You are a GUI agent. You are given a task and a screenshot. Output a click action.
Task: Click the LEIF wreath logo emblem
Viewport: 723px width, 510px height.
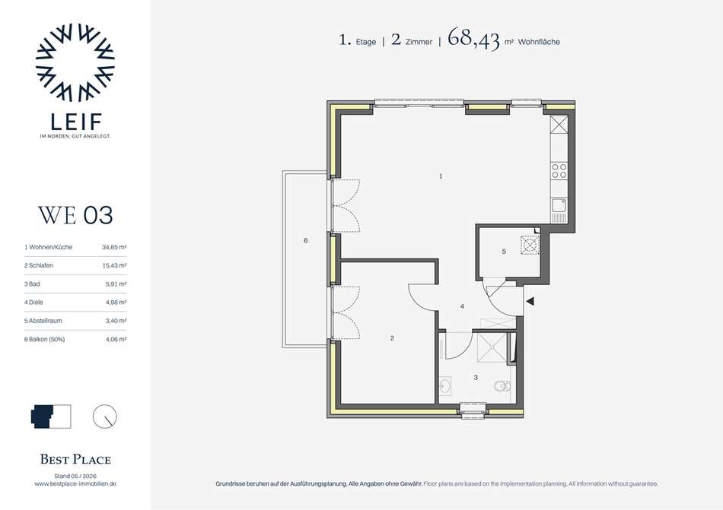tap(75, 62)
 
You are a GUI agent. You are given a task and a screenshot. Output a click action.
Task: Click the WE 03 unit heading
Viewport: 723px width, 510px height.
tap(75, 215)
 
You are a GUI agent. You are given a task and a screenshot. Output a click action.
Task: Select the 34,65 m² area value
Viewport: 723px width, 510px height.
tap(114, 247)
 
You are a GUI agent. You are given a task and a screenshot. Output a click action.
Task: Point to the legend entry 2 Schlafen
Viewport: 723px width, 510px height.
tap(39, 265)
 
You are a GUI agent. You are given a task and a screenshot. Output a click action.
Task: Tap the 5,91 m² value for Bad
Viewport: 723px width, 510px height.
tap(116, 284)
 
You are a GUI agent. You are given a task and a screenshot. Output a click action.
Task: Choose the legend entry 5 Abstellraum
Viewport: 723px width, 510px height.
tap(43, 321)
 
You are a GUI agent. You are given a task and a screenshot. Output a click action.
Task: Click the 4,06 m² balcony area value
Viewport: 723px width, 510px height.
tap(116, 339)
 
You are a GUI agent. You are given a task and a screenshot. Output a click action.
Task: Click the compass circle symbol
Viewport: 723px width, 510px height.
tap(105, 417)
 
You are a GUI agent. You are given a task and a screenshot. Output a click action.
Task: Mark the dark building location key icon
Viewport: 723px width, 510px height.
tap(43, 416)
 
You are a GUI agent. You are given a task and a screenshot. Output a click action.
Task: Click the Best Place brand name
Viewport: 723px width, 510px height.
tap(75, 459)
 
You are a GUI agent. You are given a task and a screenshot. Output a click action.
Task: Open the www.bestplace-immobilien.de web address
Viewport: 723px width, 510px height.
tap(75, 483)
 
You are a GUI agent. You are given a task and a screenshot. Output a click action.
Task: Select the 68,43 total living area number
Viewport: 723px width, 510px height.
tap(473, 39)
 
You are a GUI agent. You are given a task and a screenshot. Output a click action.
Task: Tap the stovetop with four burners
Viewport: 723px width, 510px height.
tap(559, 171)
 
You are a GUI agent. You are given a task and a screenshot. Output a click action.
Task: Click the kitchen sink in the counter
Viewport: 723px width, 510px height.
tap(559, 206)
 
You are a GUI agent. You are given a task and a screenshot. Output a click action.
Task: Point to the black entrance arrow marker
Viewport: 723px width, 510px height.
tap(530, 301)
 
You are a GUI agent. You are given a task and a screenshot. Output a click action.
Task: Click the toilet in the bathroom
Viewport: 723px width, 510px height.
tap(502, 385)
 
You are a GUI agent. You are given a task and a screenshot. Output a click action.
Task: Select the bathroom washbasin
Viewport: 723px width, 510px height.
tap(445, 385)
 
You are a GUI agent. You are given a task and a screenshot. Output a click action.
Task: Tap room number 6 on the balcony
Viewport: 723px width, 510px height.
tap(306, 240)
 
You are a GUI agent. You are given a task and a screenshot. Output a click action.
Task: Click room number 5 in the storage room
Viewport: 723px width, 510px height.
tap(504, 252)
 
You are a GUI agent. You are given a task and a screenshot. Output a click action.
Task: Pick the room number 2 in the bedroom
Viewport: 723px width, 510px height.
tap(393, 338)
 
